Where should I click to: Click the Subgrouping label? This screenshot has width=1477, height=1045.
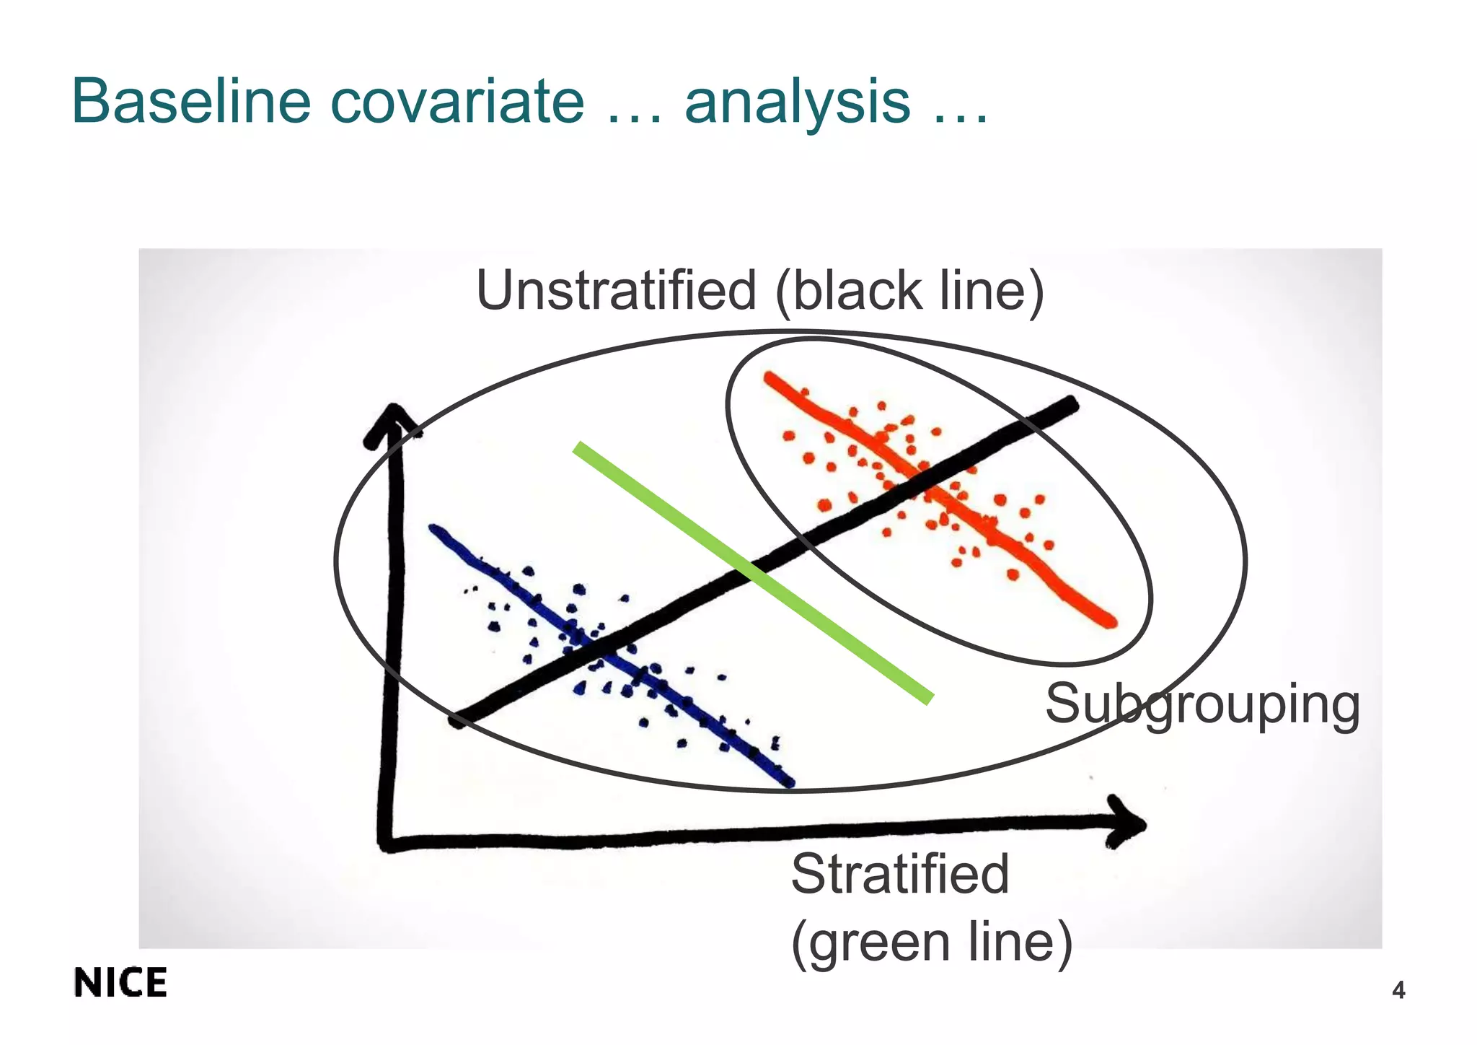pos(1202,705)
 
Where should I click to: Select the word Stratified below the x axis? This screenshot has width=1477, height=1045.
pos(899,875)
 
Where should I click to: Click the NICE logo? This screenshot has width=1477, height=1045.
pos(120,983)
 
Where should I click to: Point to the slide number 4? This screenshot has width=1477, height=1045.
pos(1398,991)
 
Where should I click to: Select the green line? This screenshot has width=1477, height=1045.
pos(754,572)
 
